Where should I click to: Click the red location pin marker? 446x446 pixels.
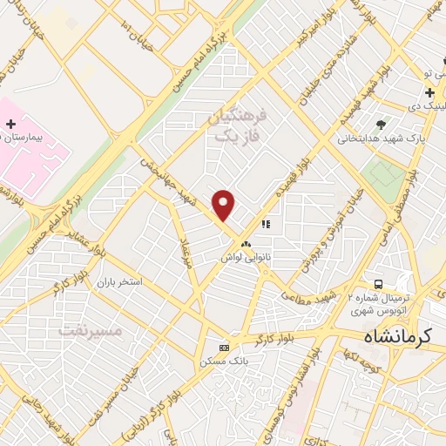pyautogui.click(x=224, y=205)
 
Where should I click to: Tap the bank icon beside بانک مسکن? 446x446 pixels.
pyautogui.click(x=225, y=347)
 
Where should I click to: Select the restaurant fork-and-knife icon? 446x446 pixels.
pyautogui.click(x=266, y=225)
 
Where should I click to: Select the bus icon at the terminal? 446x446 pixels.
pyautogui.click(x=378, y=284)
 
